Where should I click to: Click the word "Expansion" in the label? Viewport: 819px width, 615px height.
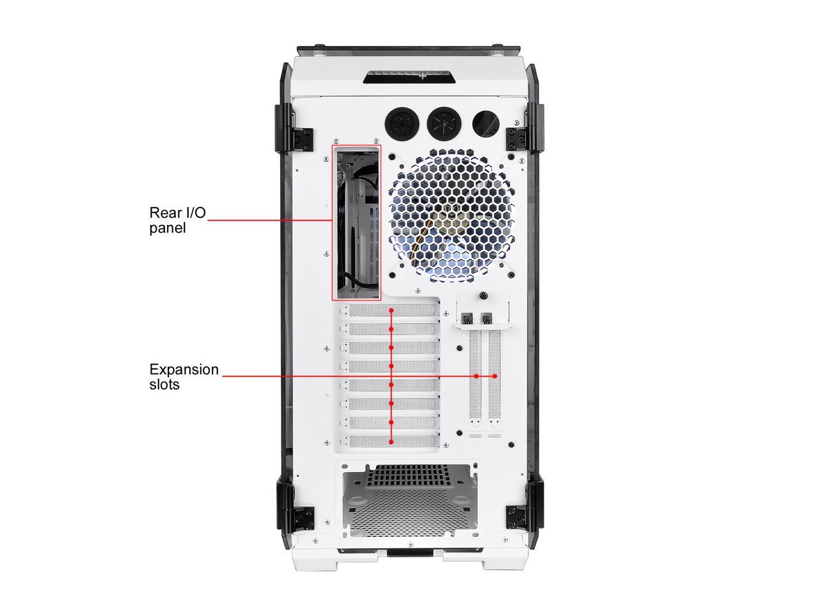[x=184, y=370]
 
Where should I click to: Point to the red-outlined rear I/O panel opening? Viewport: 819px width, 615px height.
[x=356, y=222]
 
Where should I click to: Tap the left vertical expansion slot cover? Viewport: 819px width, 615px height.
[x=476, y=378]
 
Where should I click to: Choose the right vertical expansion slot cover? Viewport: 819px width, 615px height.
[x=495, y=378]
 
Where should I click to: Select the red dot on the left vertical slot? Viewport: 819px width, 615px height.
[x=476, y=376]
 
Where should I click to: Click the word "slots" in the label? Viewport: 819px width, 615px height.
[x=164, y=385]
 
